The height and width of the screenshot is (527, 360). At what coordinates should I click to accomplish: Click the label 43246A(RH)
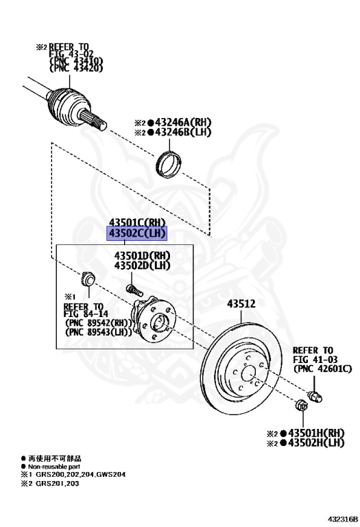click(x=178, y=122)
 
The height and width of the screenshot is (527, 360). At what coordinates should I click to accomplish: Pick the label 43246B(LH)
click(x=178, y=132)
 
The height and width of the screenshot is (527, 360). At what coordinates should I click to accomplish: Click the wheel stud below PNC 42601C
click(x=316, y=395)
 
